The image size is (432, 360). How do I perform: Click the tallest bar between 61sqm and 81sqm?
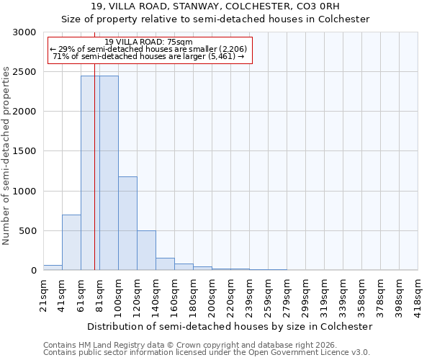coord(90,173)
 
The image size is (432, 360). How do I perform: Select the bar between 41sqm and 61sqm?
coord(71,243)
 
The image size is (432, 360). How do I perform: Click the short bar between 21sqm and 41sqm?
coord(53,268)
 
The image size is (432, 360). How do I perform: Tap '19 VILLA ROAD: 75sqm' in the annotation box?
coord(148,42)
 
